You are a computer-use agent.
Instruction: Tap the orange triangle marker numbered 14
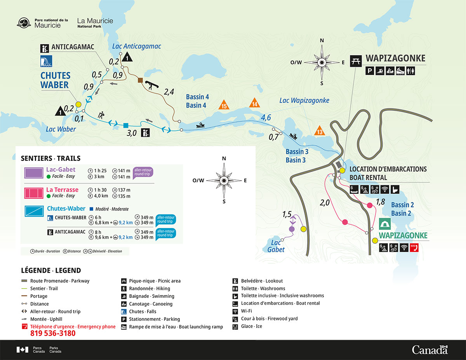(255, 103)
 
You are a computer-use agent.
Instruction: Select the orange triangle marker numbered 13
(319, 131)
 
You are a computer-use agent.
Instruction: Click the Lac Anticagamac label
(136, 46)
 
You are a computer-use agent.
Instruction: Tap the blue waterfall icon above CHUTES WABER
(46, 61)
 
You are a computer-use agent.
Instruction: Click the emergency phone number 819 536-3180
(53, 334)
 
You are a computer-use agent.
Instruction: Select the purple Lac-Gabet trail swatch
(34, 173)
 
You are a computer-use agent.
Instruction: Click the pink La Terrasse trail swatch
(34, 193)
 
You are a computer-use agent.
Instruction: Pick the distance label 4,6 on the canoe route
(266, 117)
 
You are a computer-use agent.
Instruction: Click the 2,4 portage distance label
(169, 92)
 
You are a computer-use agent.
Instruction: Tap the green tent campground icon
(385, 224)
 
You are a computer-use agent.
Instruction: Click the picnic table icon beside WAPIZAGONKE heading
(356, 61)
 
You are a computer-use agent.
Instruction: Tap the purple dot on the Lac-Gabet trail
(292, 229)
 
